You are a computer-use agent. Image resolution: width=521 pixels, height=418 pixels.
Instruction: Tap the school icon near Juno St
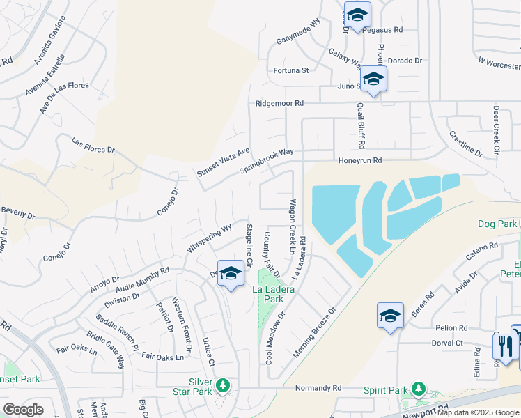tap(373, 80)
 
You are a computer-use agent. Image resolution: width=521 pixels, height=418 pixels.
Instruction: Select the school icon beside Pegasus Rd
tap(357, 15)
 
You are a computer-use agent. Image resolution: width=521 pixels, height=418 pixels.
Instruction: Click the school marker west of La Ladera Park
tap(231, 274)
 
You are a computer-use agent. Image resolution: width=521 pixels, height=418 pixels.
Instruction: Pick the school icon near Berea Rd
tap(390, 316)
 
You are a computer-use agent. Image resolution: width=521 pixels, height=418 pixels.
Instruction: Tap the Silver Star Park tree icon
tap(223, 385)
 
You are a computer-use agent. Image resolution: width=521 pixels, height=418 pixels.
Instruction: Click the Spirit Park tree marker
tap(418, 387)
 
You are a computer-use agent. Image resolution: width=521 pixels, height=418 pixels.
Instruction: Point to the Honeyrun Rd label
tap(360, 160)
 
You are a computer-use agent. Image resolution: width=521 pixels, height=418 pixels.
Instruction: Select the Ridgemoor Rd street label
tap(279, 103)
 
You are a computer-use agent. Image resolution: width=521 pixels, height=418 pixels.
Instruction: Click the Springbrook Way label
tap(267, 161)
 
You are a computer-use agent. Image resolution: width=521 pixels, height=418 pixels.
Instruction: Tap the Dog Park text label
tap(497, 224)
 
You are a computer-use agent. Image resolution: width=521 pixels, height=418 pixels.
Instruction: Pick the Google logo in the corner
tap(23, 409)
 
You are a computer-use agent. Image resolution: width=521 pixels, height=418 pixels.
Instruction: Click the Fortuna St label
tap(291, 70)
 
